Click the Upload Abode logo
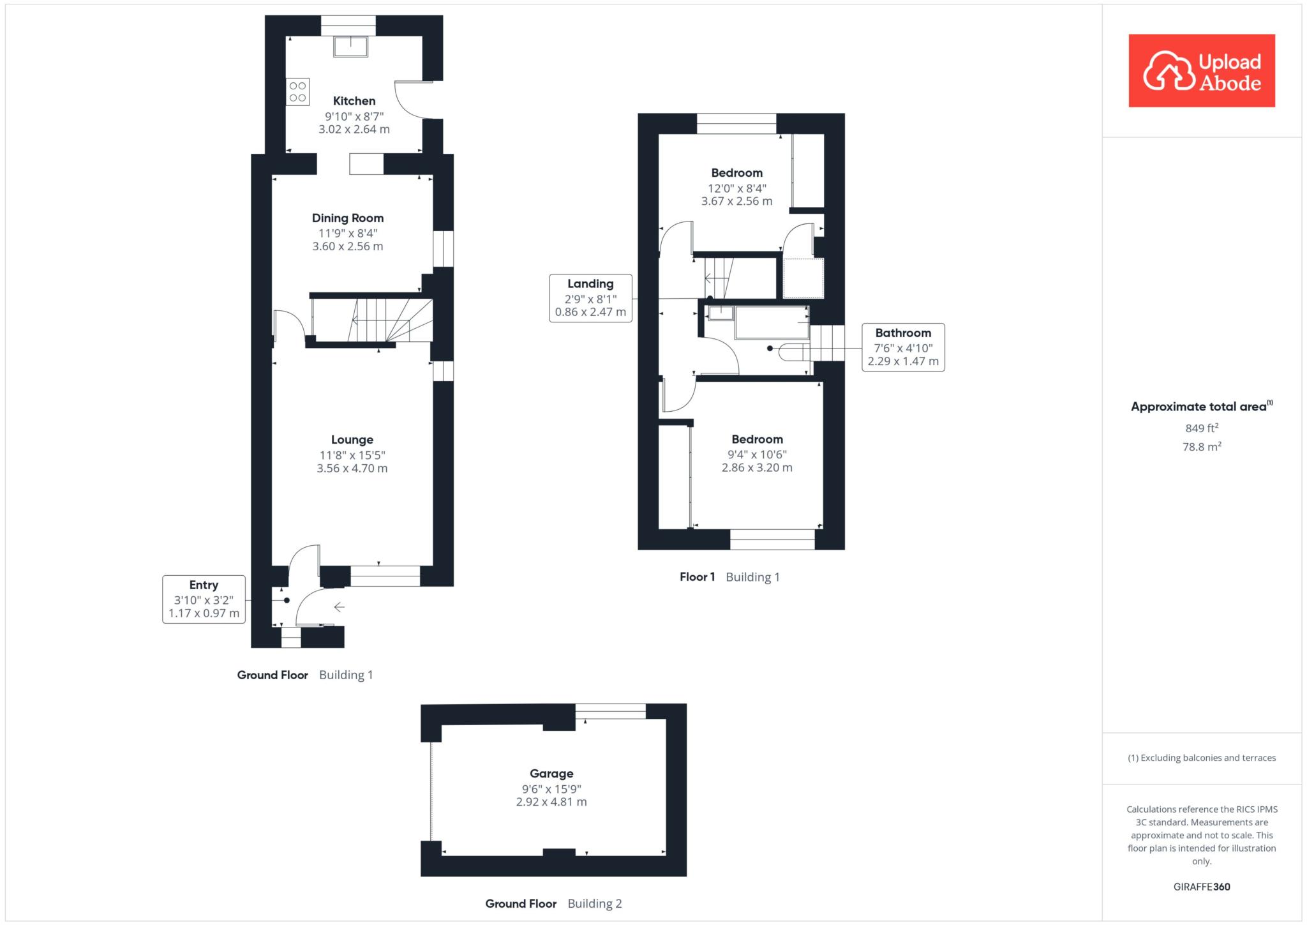point(1202,71)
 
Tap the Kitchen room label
point(354,101)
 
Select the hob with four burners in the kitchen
point(297,92)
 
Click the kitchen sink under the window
point(350,47)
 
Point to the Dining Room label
point(348,218)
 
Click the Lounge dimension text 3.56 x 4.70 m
point(352,468)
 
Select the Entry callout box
point(204,599)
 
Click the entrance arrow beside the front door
point(339,607)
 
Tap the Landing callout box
point(590,298)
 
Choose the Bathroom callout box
point(903,347)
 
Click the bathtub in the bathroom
point(772,322)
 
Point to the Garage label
point(551,774)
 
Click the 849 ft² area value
point(1202,428)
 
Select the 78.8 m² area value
point(1202,446)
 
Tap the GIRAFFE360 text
point(1202,887)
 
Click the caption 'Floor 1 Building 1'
point(729,577)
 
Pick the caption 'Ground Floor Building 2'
point(553,904)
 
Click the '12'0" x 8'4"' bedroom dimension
point(737,188)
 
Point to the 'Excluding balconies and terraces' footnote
point(1202,758)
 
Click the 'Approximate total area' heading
point(1202,406)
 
